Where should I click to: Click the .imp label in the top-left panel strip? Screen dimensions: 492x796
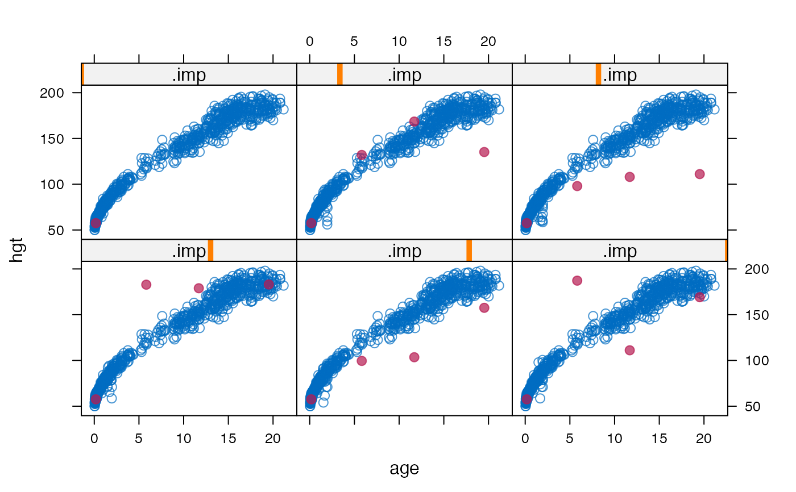pos(189,75)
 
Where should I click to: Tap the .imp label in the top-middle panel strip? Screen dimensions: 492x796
pos(404,75)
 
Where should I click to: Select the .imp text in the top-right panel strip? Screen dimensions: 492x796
pos(620,75)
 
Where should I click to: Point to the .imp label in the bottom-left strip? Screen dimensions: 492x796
pos(189,251)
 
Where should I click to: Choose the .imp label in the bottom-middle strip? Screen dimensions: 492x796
pos(404,251)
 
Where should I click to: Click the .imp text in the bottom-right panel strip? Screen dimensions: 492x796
pos(620,251)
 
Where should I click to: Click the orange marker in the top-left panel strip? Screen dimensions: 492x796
pos(83,74)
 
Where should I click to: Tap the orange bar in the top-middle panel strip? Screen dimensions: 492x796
pos(339,74)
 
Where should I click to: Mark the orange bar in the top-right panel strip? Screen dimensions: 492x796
pos(598,74)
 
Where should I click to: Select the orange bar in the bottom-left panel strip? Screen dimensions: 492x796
pos(210,251)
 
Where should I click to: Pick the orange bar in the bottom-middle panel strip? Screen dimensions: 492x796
pos(469,251)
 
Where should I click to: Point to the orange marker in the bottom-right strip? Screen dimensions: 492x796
pos(726,251)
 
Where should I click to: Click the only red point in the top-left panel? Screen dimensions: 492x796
pos(96,223)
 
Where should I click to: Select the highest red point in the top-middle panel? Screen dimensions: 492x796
pos(414,121)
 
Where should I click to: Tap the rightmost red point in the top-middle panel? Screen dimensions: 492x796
pos(484,152)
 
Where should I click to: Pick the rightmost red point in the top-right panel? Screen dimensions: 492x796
pos(699,174)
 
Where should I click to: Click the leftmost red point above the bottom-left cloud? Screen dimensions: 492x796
pos(146,284)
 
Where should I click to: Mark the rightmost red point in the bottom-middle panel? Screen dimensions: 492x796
pos(484,307)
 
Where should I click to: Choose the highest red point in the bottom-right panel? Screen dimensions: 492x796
pos(577,280)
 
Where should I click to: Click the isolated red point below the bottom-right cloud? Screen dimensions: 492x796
pos(629,350)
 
